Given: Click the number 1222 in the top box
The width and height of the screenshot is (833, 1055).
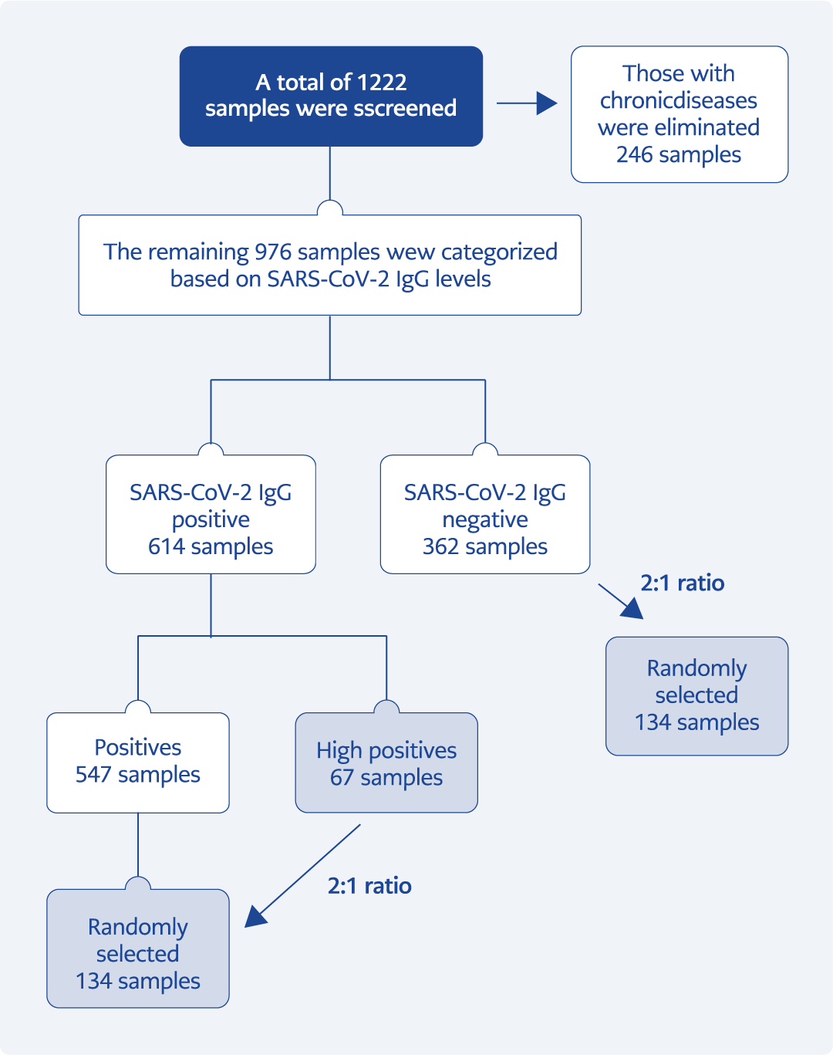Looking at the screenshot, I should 382,83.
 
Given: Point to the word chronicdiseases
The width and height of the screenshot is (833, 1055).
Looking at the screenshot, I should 679,100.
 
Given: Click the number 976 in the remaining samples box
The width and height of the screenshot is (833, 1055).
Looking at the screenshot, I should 273,252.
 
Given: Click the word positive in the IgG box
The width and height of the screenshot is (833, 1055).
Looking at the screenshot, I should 211,519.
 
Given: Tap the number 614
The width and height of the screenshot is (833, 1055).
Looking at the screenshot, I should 167,546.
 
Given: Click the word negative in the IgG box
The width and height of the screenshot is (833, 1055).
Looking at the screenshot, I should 485,519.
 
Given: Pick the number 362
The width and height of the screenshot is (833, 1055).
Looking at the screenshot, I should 440,546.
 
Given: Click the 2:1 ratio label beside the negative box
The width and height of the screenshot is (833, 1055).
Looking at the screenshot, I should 683,583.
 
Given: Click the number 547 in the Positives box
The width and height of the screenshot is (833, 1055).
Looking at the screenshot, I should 93,774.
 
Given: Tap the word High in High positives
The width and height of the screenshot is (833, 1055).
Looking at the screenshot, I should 339,750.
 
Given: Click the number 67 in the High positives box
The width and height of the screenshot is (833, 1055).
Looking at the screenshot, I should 342,777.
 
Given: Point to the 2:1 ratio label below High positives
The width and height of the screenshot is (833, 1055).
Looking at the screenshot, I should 369,885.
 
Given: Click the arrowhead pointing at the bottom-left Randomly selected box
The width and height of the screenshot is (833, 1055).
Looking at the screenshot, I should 255,916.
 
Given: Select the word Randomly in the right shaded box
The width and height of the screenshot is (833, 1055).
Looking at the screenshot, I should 696,668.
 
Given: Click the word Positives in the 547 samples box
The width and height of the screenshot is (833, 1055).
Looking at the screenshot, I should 138,747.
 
